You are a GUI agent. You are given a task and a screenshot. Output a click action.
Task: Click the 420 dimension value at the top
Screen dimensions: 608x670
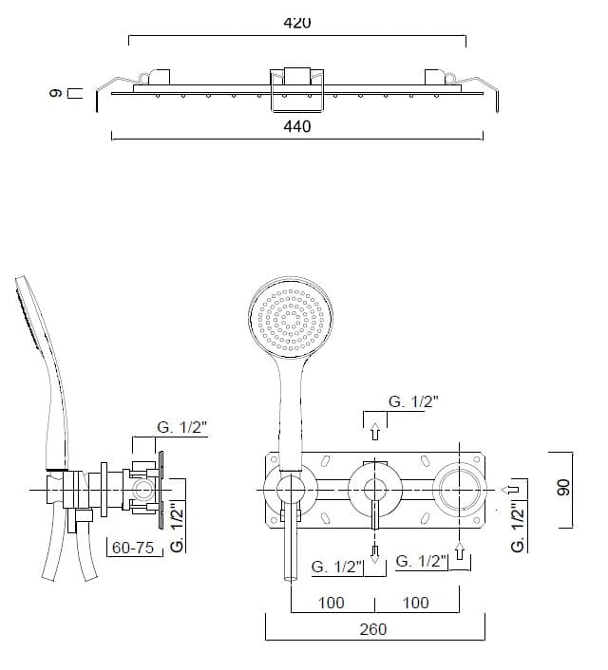297,22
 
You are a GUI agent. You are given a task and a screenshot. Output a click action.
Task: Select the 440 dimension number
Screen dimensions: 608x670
297,126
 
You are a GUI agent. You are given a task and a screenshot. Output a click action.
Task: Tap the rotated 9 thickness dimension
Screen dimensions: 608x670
56,93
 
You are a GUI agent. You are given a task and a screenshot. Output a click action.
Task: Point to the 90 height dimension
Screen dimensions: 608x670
563,488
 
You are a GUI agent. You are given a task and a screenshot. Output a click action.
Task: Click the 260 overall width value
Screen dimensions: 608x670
373,629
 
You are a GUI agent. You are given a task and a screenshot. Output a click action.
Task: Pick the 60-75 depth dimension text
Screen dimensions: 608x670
133,548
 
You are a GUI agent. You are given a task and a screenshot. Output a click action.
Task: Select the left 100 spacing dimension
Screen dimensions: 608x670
332,603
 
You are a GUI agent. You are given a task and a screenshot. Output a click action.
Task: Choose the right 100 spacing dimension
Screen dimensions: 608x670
415,603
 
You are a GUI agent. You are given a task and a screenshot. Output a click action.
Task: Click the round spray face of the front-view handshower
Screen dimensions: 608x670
291,318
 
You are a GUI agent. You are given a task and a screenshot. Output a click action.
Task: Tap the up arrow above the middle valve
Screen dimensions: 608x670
375,431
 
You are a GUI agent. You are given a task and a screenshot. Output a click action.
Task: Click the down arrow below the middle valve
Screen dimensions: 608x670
375,554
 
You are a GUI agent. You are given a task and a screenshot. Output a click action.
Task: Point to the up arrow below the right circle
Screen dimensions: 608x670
460,550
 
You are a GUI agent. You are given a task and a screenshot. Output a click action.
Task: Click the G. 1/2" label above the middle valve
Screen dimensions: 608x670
413,401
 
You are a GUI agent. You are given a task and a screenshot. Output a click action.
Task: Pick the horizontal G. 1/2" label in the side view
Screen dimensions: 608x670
181,427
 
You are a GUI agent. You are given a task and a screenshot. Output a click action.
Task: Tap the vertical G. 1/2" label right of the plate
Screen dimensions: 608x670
518,528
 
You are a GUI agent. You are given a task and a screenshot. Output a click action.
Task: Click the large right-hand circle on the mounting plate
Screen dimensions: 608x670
460,490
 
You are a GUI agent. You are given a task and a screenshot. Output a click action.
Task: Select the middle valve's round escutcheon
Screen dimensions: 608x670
375,490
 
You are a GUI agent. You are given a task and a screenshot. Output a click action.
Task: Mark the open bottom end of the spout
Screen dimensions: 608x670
291,579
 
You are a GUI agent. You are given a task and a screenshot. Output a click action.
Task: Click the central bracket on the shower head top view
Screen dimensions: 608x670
297,90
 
